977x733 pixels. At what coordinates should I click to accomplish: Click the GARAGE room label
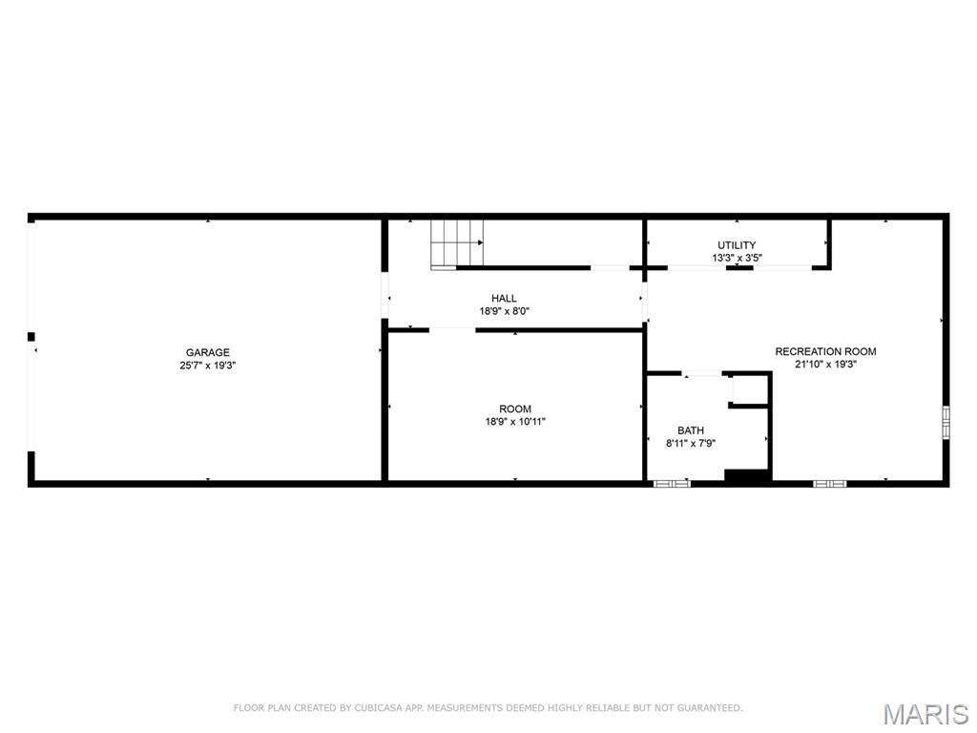(x=207, y=352)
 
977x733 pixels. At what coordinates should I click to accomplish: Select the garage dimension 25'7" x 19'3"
(x=207, y=366)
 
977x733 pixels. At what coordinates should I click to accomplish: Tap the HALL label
(x=504, y=299)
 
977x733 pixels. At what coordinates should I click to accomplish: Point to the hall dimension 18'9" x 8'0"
(x=504, y=311)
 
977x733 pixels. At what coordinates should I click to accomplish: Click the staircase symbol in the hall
(x=457, y=243)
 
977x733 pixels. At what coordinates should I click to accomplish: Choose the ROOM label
(x=515, y=409)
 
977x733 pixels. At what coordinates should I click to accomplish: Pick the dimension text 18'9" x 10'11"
(x=515, y=422)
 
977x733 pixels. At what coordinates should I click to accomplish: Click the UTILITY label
(x=737, y=245)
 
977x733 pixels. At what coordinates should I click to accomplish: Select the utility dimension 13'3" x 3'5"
(x=737, y=258)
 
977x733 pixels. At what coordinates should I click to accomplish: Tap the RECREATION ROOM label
(x=825, y=351)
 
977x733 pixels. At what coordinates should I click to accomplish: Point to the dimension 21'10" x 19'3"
(x=825, y=364)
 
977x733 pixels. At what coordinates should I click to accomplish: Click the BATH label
(x=691, y=430)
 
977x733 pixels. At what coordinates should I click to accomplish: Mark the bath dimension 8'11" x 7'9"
(x=691, y=443)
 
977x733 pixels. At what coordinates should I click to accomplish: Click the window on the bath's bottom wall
(x=672, y=484)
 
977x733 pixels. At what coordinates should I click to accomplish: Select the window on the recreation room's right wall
(x=946, y=422)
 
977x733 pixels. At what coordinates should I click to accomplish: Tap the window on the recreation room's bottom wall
(x=829, y=484)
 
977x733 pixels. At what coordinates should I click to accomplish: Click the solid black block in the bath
(x=747, y=475)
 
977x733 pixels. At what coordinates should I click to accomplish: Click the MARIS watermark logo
(x=925, y=713)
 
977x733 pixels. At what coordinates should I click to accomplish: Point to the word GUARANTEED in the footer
(x=707, y=708)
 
